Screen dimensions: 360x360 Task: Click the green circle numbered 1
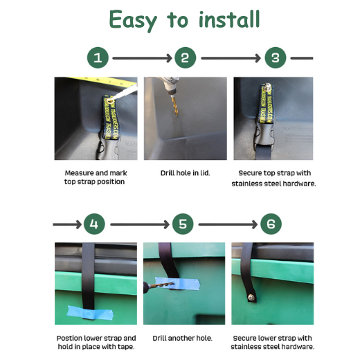pos(98,57)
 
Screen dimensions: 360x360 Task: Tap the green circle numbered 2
pos(186,57)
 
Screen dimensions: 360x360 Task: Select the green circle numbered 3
pos(276,57)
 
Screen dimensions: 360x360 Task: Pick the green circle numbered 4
pos(94,224)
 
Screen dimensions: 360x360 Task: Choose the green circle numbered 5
pos(183,224)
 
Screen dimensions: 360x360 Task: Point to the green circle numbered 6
pos(271,224)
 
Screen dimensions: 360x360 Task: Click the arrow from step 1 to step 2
pos(142,58)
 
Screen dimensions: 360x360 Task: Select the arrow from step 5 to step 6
pos(228,224)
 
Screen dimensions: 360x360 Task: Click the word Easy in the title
pos(133,20)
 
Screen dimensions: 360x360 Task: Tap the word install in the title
pos(229,19)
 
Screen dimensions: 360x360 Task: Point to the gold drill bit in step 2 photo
pos(175,106)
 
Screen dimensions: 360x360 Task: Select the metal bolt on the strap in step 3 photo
pos(267,87)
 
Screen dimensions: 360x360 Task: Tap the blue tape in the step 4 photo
pos(90,313)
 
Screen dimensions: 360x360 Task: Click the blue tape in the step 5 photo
pos(177,283)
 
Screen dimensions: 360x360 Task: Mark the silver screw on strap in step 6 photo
pos(251,297)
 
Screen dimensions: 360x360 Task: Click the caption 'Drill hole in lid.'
pos(186,173)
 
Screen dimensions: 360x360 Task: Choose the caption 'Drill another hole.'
pos(182,338)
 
